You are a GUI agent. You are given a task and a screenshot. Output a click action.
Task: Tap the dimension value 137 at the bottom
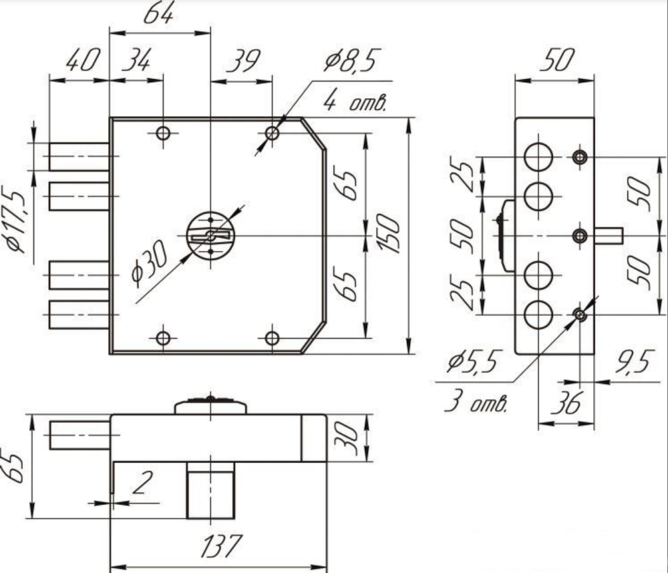coord(221,546)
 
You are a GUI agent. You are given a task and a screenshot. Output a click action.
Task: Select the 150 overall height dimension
coord(388,234)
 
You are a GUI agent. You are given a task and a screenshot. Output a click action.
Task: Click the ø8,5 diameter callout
coord(351,61)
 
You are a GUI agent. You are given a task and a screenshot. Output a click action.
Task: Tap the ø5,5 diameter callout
coord(472,361)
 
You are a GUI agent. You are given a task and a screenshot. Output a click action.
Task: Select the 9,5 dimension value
coord(633,362)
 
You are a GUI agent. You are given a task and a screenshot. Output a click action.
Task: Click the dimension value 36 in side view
coord(566,403)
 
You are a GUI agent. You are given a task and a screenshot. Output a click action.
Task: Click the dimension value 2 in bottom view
coord(142,483)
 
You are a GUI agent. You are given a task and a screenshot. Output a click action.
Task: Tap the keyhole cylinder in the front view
coord(210,236)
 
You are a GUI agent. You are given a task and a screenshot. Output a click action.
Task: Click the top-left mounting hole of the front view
coord(163,134)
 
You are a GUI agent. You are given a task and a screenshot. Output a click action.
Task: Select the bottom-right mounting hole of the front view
coord(272,339)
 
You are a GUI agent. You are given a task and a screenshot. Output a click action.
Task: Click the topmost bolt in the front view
coord(79,157)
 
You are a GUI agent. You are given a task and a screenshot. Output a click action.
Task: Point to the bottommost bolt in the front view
coord(79,315)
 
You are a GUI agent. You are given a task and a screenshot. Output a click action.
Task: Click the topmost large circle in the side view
coord(538,157)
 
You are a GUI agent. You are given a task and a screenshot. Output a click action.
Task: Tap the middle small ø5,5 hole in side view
coord(579,236)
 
